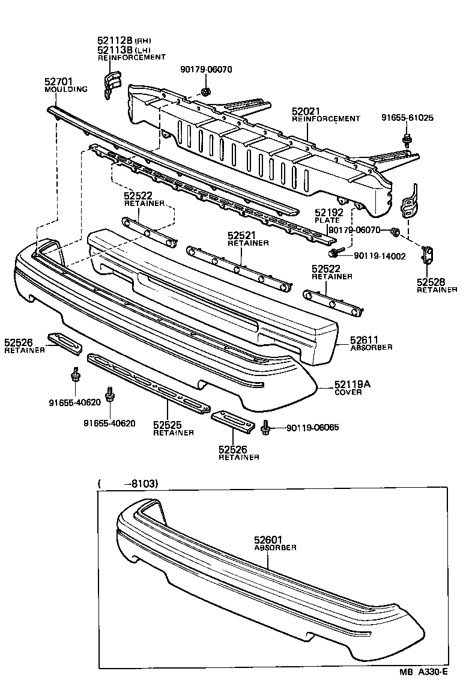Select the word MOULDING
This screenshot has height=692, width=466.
(66, 90)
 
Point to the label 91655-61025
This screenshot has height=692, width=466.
(407, 118)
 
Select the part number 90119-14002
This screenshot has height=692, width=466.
(380, 256)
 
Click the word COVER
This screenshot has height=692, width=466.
(349, 392)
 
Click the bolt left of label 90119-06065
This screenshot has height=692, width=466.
(266, 428)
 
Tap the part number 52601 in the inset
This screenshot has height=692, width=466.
(268, 540)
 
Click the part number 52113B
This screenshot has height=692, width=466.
(110, 50)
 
